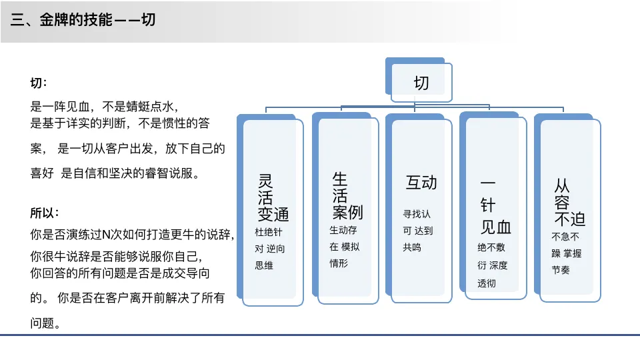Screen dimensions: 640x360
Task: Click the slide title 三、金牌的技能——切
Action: (x=84, y=20)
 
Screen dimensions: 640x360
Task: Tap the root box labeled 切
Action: (x=421, y=83)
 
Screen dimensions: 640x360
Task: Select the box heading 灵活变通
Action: (x=273, y=198)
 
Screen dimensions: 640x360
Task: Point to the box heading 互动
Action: (x=421, y=183)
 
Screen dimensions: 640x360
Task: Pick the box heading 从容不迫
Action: (x=569, y=202)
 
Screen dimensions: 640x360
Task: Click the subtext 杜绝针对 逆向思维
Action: (x=270, y=249)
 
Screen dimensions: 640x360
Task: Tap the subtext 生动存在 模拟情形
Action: (x=345, y=247)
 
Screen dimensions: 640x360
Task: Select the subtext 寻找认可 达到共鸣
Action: (x=418, y=231)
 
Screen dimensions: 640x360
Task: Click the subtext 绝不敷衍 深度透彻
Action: (x=492, y=265)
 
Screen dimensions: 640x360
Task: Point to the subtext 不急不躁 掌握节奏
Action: (x=566, y=253)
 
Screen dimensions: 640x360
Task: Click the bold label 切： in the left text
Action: (x=39, y=83)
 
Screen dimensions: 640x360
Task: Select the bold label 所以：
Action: (x=45, y=213)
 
